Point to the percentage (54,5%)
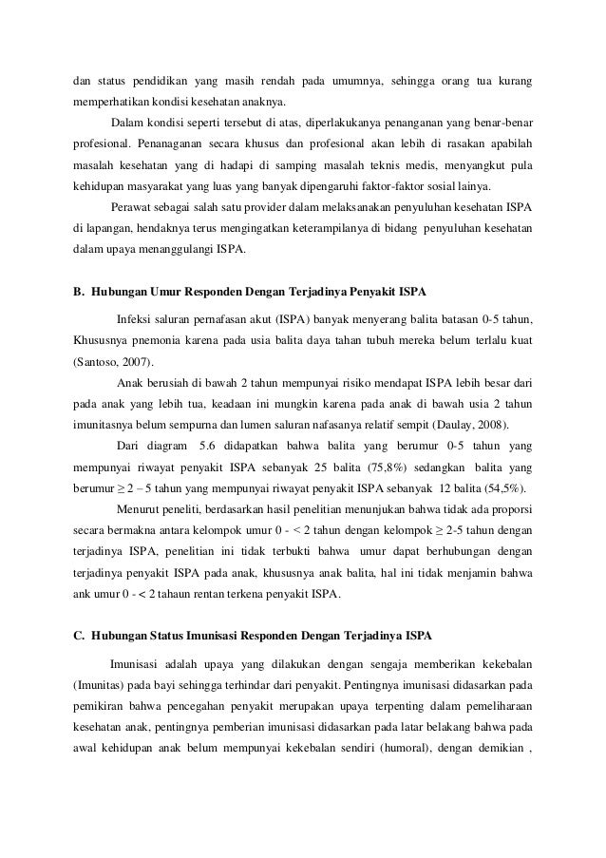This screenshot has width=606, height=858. point(507,488)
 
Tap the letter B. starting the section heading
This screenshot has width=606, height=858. point(80,289)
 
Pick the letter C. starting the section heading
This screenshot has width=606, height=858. point(80,634)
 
